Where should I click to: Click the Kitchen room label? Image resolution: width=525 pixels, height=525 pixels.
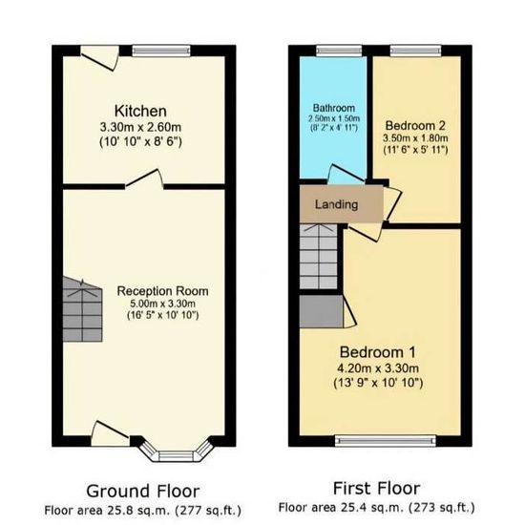pos(140,111)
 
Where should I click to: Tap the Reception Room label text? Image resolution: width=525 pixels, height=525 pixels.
pos(162,291)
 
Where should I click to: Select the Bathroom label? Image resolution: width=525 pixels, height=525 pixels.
pos(334,108)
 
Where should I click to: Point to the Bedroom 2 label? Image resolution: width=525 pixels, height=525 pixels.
pos(415,126)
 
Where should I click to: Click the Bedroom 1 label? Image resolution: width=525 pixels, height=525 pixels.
pos(378,352)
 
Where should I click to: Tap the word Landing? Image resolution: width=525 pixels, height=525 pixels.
pos(337,204)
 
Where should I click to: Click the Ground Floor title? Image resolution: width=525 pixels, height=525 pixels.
pos(143,492)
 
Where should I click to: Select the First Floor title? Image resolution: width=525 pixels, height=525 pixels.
pos(376,488)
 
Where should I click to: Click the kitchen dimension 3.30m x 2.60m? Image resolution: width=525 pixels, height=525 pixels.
pos(140,127)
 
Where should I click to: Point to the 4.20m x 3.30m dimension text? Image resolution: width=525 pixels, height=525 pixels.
pos(378,368)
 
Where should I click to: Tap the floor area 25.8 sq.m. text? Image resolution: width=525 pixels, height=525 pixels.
pos(143,511)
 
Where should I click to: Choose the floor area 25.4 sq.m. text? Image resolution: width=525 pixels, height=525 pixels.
pos(377,508)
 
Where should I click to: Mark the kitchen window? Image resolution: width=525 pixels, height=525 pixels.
pos(161,51)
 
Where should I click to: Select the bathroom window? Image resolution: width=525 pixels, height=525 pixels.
pos(339,51)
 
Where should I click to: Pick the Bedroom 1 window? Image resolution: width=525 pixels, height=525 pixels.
pos(386,441)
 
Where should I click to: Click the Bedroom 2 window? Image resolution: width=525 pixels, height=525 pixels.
pos(415,51)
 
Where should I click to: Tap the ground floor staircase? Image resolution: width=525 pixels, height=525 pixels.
pos(82,309)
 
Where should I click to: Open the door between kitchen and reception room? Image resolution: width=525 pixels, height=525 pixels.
pos(145,179)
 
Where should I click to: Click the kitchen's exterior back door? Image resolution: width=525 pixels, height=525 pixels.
pos(100,57)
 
